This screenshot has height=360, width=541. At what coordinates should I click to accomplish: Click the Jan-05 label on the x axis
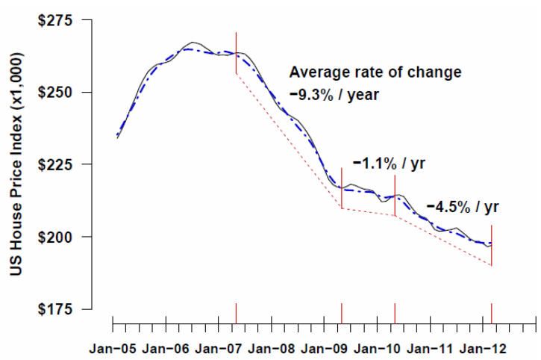[112, 349]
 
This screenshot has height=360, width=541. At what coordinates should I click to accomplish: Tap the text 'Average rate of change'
[375, 72]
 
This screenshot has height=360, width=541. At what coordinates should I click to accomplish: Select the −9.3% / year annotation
[335, 95]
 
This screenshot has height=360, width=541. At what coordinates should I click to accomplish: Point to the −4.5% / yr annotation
[463, 206]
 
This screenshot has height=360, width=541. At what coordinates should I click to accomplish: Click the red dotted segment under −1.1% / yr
[368, 212]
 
